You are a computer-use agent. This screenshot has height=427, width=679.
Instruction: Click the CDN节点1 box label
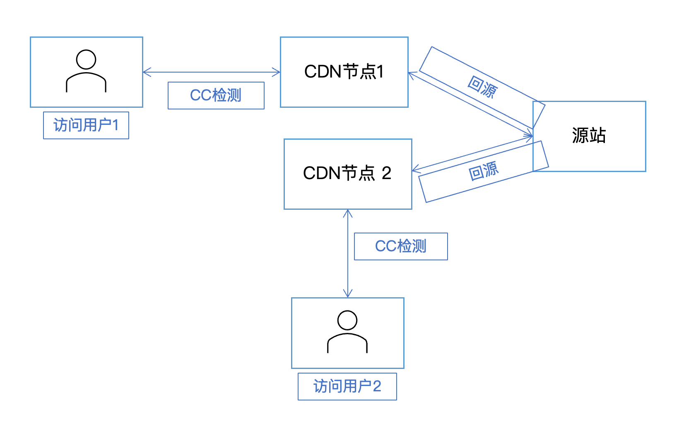344,72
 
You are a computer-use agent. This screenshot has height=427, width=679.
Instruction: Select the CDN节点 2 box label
347,173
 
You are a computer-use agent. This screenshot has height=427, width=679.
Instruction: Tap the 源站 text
589,136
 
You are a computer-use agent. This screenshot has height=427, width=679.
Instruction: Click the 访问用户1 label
86,125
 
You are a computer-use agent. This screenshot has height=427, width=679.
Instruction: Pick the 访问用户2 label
347,386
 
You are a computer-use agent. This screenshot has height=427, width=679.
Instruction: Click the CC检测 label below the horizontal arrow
216,95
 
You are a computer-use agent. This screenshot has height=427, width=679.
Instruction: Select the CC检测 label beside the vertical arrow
401,246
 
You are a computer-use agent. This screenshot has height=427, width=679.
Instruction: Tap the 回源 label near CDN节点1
482,87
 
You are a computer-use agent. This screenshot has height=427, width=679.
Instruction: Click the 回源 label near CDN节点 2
483,171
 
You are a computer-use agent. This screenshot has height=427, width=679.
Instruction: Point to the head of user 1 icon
86,59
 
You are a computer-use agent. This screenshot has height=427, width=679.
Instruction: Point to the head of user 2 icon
347,320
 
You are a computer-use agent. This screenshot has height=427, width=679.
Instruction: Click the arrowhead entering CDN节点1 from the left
277,73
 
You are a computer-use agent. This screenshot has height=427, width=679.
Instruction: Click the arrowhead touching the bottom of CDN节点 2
348,213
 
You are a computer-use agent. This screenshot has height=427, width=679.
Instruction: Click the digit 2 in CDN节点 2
386,173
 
